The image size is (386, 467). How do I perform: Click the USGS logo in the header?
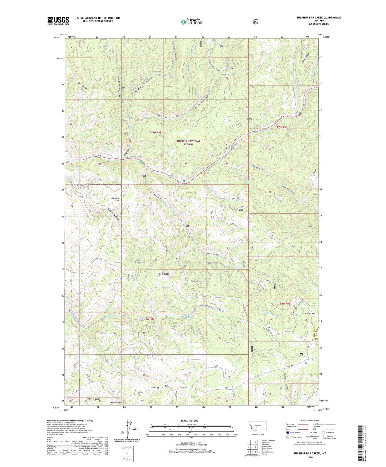58,21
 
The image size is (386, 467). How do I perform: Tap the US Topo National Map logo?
191,22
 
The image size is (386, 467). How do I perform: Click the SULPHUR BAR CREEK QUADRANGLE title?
318,18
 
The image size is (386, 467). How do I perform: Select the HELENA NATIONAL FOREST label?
188,143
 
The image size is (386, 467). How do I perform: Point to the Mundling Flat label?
115,199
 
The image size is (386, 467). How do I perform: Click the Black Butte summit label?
163,274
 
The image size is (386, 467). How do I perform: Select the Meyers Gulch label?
116,403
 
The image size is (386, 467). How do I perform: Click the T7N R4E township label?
156,132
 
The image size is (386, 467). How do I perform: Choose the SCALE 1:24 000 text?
189,421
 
